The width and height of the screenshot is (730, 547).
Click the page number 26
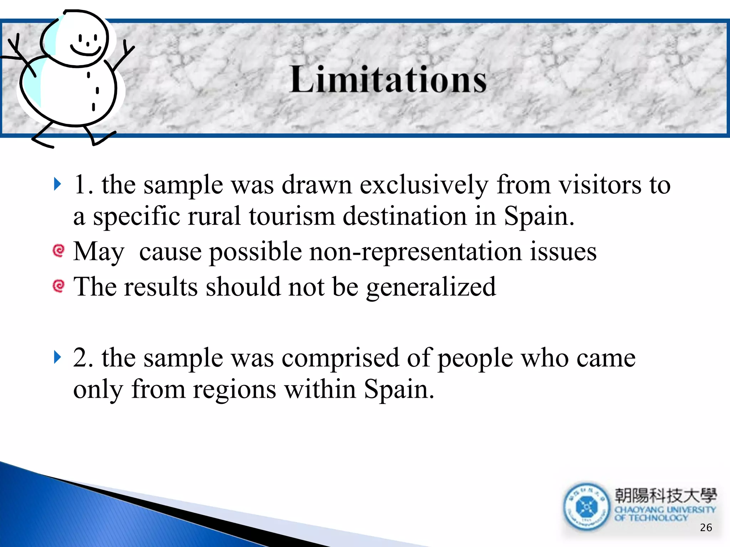(706, 527)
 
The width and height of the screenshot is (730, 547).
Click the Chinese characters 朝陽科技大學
(665, 495)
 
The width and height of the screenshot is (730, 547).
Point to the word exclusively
(424, 185)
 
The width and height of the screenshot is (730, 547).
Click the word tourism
(292, 217)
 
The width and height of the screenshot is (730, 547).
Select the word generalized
(431, 287)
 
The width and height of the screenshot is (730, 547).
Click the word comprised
(340, 358)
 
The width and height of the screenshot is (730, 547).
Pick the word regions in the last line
(234, 389)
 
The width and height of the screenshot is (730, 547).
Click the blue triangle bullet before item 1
(57, 184)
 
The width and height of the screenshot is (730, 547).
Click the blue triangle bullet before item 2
(57, 357)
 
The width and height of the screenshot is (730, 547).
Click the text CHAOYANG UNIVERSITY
(665, 510)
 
